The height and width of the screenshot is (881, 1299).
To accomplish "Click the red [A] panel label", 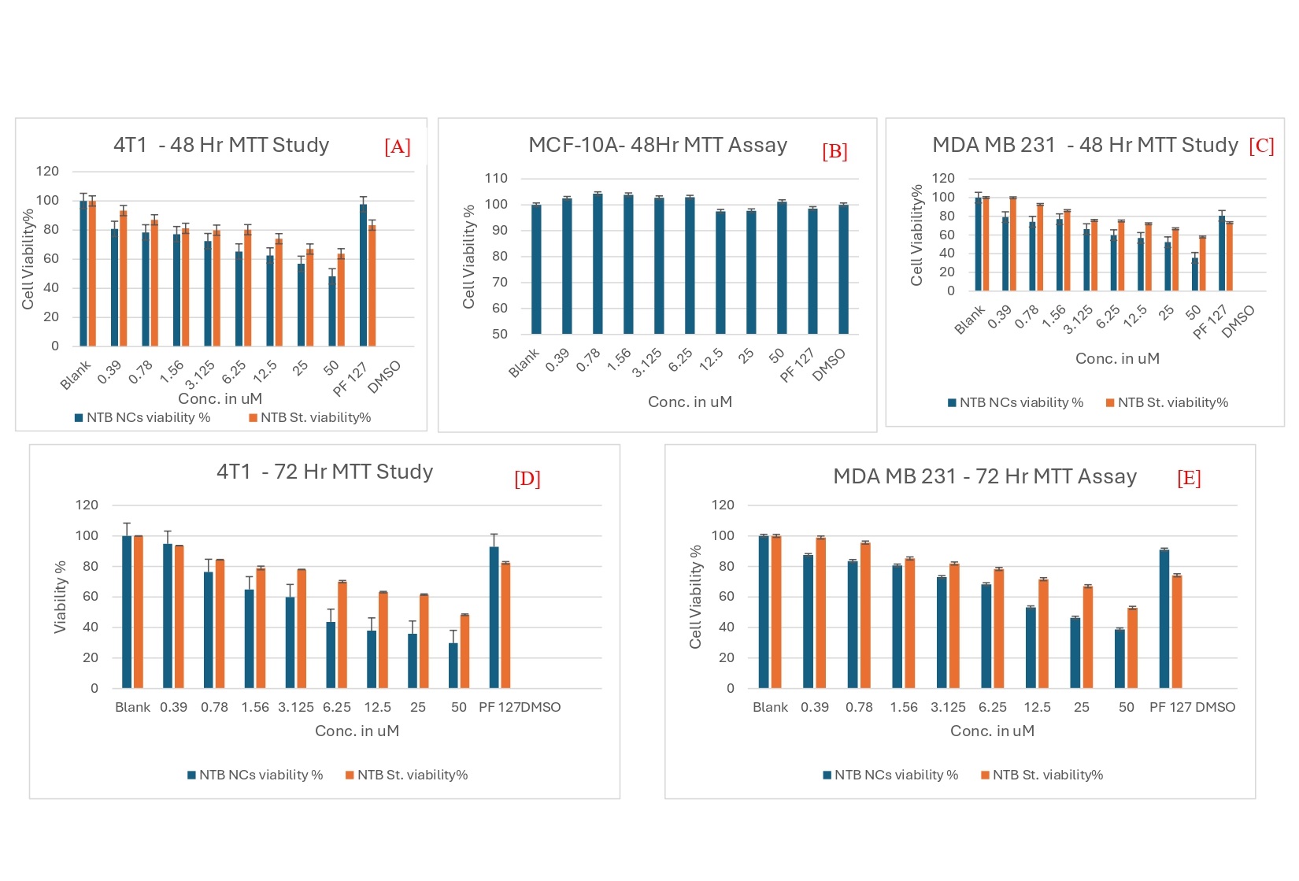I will pos(398,147).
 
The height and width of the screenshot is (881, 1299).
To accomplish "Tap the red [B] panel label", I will pos(835,151).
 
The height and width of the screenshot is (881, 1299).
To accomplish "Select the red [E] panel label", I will pos(1189,478).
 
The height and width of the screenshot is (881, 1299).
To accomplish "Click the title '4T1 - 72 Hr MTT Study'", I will pos(324,472).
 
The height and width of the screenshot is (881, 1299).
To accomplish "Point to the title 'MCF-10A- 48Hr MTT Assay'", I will pos(657,145).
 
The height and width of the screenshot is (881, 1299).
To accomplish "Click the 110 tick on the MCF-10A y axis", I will pos(496,178).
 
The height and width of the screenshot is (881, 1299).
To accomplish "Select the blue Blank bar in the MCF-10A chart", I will pos(536,269).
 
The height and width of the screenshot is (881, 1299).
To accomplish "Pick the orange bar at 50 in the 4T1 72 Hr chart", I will pos(464,651).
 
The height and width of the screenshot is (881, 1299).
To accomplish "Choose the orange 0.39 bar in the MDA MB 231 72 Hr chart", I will pos(820,613).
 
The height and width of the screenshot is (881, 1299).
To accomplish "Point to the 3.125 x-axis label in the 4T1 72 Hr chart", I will pos(296,707).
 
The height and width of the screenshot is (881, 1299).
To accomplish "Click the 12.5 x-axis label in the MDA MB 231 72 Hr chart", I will pos(1037,707).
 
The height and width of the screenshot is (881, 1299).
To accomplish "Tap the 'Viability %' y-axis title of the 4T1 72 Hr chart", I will pos(60,598).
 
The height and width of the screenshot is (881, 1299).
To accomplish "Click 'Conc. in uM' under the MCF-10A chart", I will pos(690,402).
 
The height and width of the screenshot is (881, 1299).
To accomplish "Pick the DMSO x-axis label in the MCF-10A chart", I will pos(830,365).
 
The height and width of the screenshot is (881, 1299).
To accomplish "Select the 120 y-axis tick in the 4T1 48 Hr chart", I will pos(47,171).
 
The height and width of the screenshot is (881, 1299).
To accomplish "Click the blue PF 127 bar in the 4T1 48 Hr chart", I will pos(364,275).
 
